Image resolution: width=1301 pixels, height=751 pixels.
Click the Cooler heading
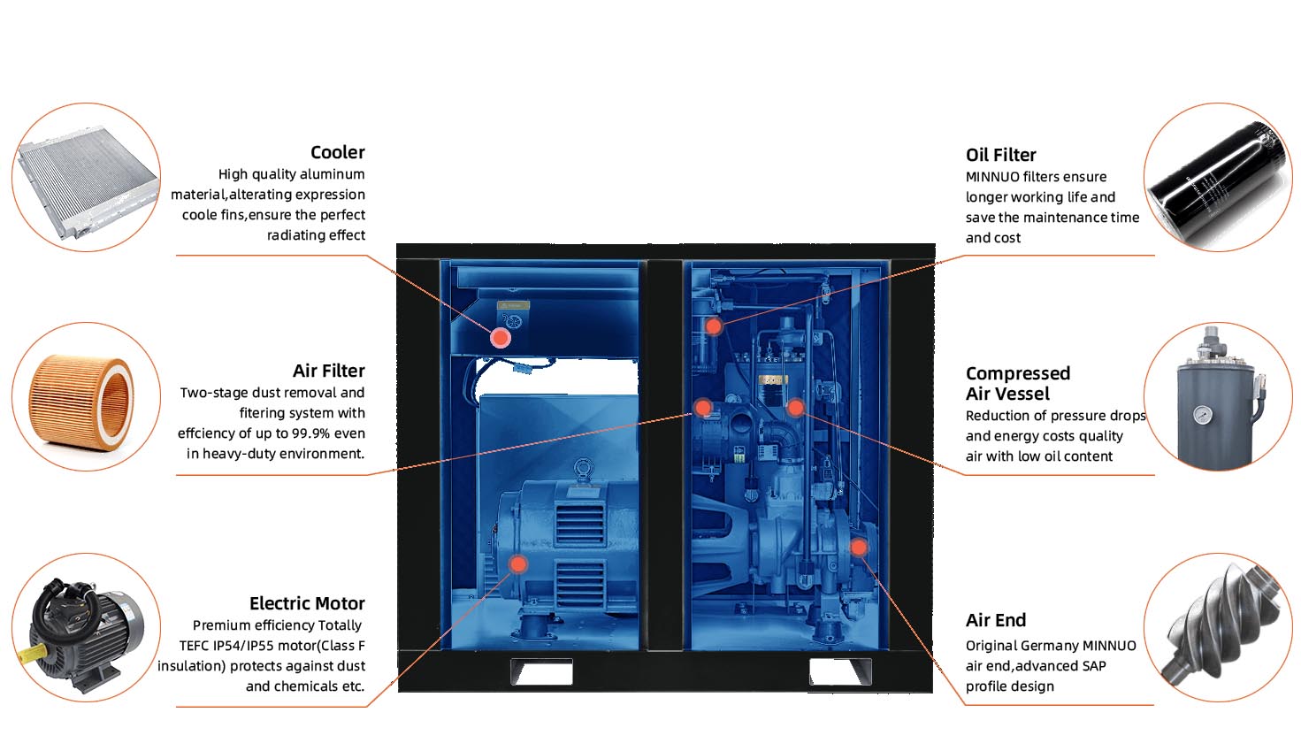[337, 152]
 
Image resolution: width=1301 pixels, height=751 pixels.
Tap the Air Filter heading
[328, 371]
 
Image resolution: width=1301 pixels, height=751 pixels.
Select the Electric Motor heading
[307, 603]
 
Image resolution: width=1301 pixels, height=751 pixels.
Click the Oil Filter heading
[1000, 155]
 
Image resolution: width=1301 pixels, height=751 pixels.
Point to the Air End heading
[995, 620]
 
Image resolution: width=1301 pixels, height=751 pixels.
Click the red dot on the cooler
[501, 337]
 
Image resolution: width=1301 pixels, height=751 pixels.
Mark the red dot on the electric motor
[518, 563]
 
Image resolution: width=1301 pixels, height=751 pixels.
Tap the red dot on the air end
[858, 548]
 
